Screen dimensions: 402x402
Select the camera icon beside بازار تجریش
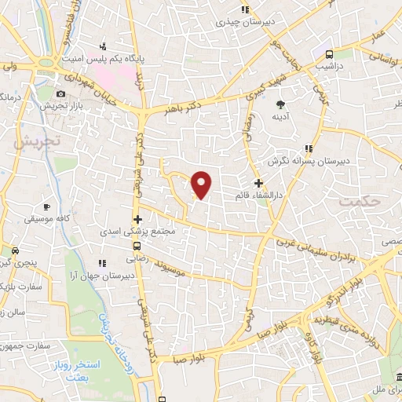click(60, 94)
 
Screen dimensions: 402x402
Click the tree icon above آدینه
click(281, 104)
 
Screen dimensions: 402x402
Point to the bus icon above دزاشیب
click(329, 54)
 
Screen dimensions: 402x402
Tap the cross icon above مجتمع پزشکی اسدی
click(138, 219)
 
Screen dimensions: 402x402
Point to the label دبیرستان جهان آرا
click(100, 276)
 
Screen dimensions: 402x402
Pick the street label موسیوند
click(170, 268)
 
